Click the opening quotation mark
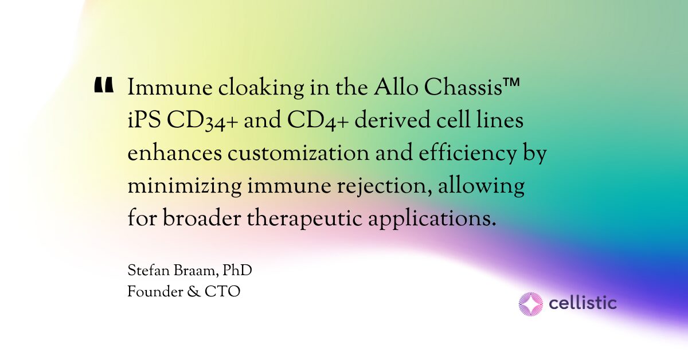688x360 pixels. tap(103, 85)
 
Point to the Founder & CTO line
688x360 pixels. tap(183, 291)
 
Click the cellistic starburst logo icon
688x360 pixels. tap(530, 304)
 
